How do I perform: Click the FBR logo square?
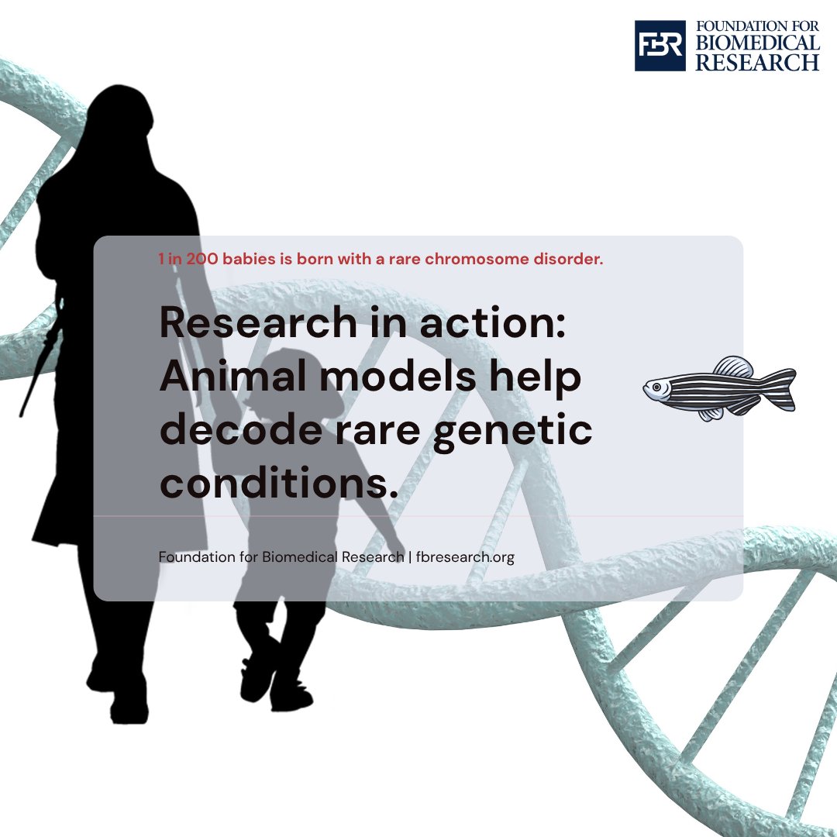click(x=660, y=46)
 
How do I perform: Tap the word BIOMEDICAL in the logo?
click(x=757, y=44)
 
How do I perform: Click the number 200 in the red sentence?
click(x=202, y=259)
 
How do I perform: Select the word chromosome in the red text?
click(x=492, y=259)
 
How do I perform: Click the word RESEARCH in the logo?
click(x=757, y=62)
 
